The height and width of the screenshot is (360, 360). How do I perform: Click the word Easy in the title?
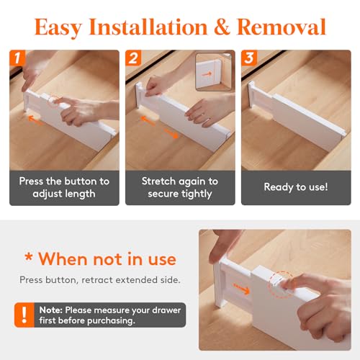coord(60,27)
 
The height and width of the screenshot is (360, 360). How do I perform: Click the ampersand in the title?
coord(221,27)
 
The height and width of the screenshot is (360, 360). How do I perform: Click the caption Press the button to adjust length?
coord(65,187)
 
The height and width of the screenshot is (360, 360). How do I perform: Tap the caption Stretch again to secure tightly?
coord(180,187)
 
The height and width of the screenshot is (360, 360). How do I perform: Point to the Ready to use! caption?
coord(295,187)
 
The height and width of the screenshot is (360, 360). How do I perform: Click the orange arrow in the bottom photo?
coord(247,292)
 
